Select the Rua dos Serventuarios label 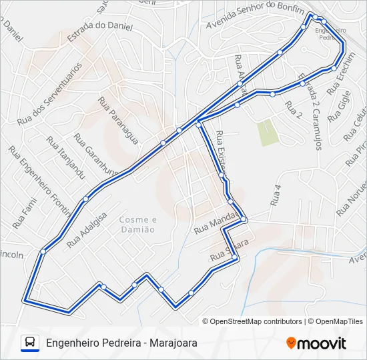click(x=49, y=94)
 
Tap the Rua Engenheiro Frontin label click(x=41, y=183)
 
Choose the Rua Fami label click(x=24, y=214)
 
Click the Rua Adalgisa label click(x=87, y=230)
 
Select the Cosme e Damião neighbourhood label click(x=137, y=224)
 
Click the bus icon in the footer click(x=30, y=343)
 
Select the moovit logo click(x=316, y=343)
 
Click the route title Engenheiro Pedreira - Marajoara click(x=121, y=343)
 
